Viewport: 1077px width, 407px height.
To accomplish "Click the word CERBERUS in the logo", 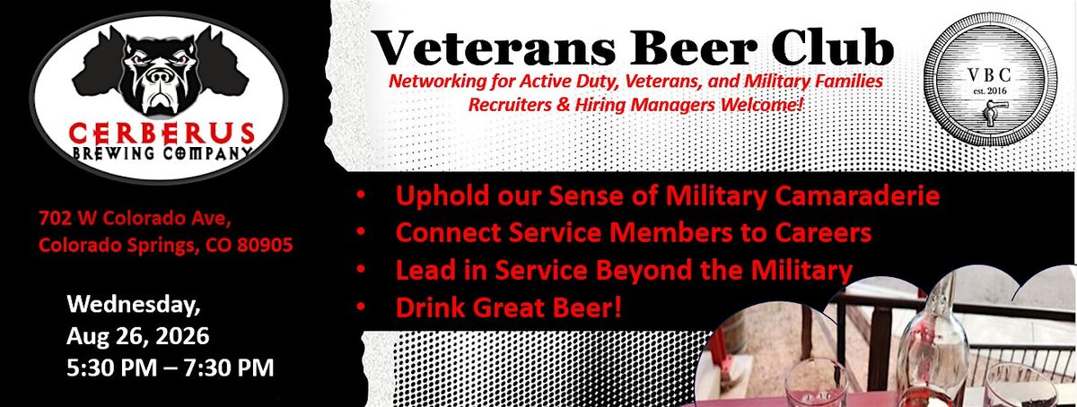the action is (162, 134).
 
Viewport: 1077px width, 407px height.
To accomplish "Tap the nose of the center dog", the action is (158, 76).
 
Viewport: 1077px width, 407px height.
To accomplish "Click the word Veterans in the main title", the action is (493, 48).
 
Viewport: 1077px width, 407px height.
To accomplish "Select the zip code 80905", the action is (265, 245).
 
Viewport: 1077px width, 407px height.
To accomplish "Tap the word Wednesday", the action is (134, 305).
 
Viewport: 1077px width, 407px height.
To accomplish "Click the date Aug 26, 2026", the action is (138, 336).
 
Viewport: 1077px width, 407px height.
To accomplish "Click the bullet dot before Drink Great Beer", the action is (361, 307).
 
